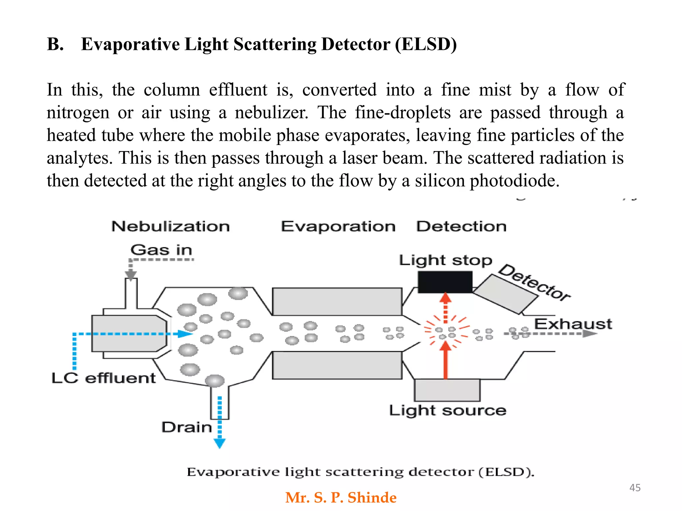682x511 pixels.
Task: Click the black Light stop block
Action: (445, 282)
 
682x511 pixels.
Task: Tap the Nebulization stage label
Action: (170, 227)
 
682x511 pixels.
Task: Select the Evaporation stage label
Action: (338, 227)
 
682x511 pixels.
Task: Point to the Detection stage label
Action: (461, 227)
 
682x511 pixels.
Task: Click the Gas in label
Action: (162, 250)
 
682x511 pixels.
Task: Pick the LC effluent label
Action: (104, 378)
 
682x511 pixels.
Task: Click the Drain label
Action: (187, 427)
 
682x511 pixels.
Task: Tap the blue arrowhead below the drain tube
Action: (219, 443)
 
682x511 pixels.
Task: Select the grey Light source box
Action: (447, 390)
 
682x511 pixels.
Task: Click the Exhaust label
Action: (573, 324)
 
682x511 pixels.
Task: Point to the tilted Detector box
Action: (505, 294)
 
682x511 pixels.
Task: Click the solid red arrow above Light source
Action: (445, 361)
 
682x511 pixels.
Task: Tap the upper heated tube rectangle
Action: (337, 301)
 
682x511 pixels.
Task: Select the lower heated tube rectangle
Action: (337, 365)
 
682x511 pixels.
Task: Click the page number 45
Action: (635, 488)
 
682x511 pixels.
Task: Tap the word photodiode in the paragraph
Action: (514, 181)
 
